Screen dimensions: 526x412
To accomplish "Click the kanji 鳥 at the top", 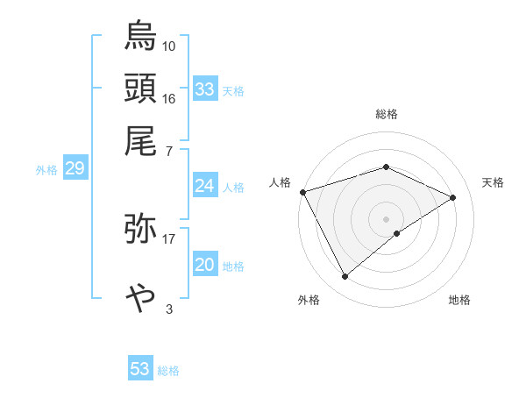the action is click(x=140, y=35).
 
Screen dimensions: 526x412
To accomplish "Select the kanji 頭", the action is click(x=140, y=88).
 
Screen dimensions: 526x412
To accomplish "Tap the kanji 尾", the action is click(x=140, y=141).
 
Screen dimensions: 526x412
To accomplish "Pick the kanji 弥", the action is click(x=140, y=228).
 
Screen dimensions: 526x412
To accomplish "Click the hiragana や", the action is click(x=140, y=298).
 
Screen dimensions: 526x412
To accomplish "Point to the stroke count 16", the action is click(x=168, y=99).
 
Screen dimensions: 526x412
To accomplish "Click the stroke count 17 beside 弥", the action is click(x=168, y=239).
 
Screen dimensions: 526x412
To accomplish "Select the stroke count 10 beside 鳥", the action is click(x=168, y=46).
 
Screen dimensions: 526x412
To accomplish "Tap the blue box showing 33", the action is click(x=205, y=89).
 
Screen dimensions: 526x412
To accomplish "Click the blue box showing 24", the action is click(x=205, y=185).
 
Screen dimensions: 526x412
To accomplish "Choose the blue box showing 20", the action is click(x=205, y=263).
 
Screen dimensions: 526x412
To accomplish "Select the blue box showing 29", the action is click(x=75, y=167).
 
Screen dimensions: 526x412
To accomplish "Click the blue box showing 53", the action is click(x=140, y=367).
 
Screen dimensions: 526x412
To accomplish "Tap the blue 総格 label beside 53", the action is click(x=168, y=371).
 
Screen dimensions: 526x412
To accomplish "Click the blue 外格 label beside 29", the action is click(x=46, y=170).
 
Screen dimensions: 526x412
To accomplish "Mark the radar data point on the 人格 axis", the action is click(x=303, y=192).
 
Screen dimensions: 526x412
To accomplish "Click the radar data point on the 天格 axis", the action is click(x=452, y=197).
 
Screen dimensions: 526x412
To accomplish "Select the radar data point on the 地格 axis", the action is click(x=397, y=233).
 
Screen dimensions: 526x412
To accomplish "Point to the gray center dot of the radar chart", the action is click(x=386, y=219).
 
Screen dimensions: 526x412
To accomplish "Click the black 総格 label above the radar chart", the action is click(x=387, y=114).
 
